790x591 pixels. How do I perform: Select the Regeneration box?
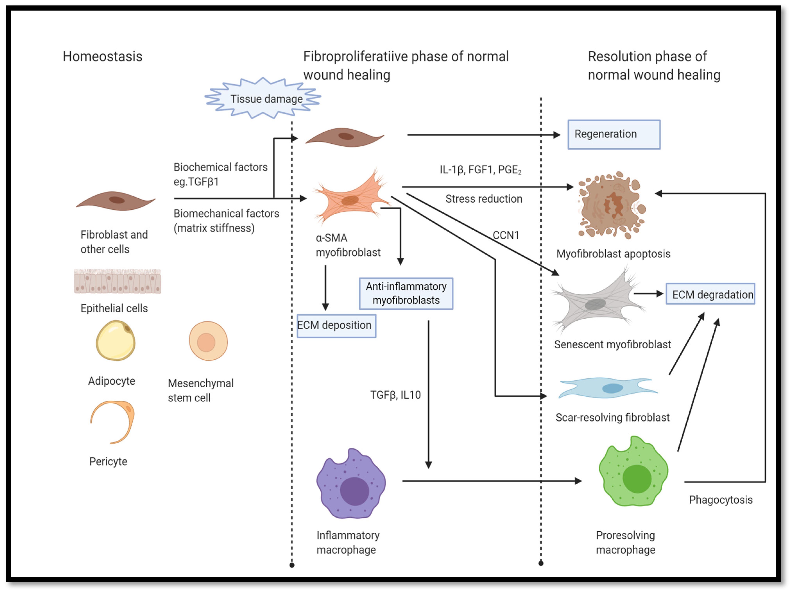614,134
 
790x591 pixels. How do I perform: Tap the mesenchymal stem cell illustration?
208,341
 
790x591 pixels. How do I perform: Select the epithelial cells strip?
117,281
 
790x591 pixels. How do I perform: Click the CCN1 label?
506,235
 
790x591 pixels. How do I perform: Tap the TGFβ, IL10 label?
395,395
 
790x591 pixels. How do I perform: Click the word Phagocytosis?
720,500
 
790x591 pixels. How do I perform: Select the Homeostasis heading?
103,56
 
